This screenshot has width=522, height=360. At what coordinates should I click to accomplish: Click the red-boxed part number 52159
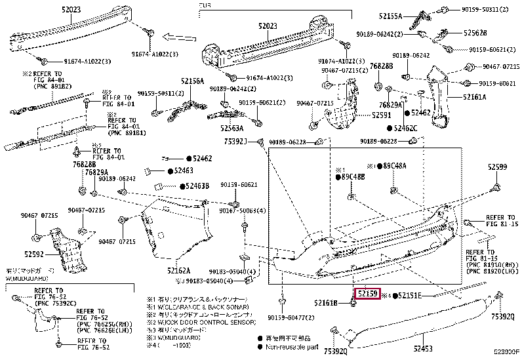coord(367,294)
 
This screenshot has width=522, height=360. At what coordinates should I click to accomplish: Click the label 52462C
coord(405,128)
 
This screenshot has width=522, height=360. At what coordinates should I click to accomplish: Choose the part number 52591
coord(381,114)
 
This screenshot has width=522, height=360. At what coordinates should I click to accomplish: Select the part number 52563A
coord(232,129)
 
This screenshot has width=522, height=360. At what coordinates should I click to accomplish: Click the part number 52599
coord(497,168)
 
